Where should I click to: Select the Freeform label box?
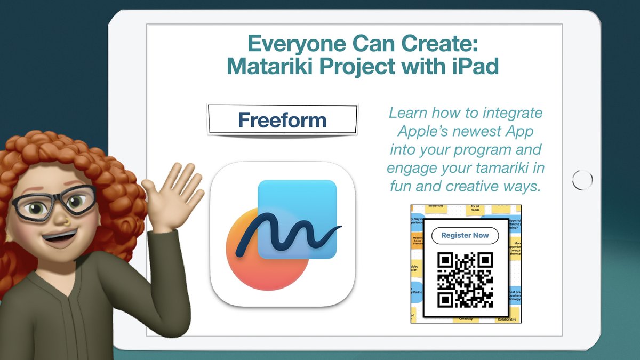pyautogui.click(x=282, y=120)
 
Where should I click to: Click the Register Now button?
pyautogui.click(x=465, y=235)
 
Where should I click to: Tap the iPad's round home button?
pyautogui.click(x=582, y=179)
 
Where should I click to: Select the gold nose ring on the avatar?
pyautogui.click(x=63, y=219)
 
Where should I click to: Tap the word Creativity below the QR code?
pyautogui.click(x=466, y=319)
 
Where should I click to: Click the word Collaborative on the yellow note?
pyautogui.click(x=506, y=319)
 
